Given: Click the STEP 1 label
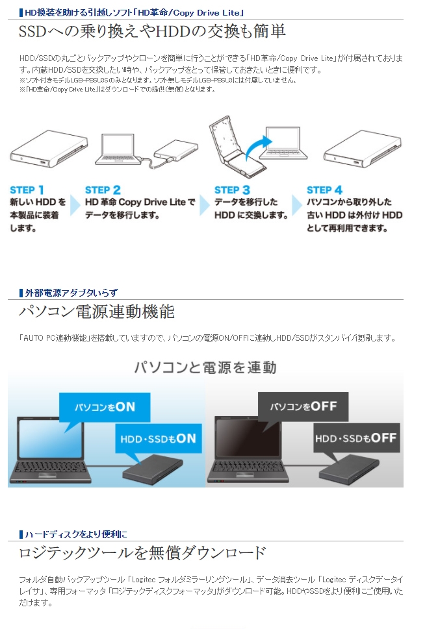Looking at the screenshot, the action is (27, 190).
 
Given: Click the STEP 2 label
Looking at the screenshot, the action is (103, 190).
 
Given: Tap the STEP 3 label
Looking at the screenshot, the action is (232, 190).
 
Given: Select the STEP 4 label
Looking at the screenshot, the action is (324, 190).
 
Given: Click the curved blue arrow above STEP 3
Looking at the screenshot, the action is (253, 147).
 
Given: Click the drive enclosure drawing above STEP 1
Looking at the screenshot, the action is (49, 149).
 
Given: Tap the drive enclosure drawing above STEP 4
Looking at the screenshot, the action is (363, 149).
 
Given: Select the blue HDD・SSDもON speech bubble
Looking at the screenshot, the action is (158, 438).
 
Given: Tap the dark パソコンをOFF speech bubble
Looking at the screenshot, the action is (303, 406).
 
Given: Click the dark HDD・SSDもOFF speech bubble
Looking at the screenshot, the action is (356, 438).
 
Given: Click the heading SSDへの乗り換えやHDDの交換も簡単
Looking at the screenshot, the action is (152, 31).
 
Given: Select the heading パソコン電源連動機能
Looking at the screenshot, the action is (97, 312).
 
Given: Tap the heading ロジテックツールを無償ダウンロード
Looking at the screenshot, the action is (142, 553).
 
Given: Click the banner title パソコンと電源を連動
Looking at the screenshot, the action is (205, 367).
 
